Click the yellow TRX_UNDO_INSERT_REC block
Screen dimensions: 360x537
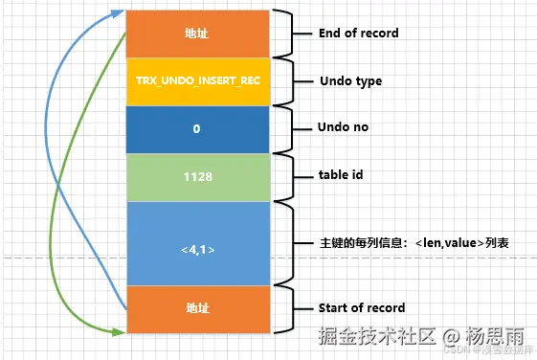tap(197, 81)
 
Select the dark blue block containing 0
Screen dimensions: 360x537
tap(197, 128)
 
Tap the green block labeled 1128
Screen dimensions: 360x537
tap(197, 176)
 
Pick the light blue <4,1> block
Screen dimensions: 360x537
tap(197, 249)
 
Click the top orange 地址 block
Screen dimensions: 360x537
tap(197, 34)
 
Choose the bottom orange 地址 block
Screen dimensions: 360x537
tap(197, 309)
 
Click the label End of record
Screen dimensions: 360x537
tap(358, 34)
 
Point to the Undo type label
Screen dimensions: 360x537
tap(349, 81)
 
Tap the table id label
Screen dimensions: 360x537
tap(341, 176)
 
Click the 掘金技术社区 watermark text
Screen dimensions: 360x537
tap(378, 337)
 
